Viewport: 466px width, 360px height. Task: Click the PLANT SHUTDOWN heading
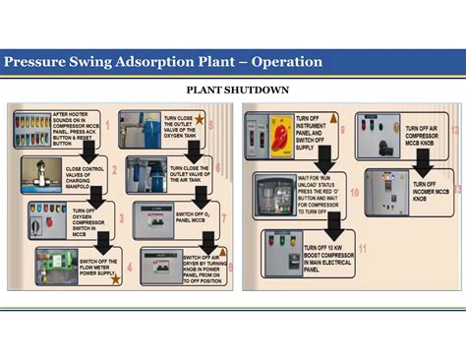(x=232, y=90)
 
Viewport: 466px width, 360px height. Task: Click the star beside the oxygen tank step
(x=200, y=119)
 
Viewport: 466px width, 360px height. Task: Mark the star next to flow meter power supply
(x=117, y=278)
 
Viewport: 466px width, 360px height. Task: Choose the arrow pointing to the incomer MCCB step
(x=425, y=163)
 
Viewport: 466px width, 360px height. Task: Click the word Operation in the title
(x=287, y=62)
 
